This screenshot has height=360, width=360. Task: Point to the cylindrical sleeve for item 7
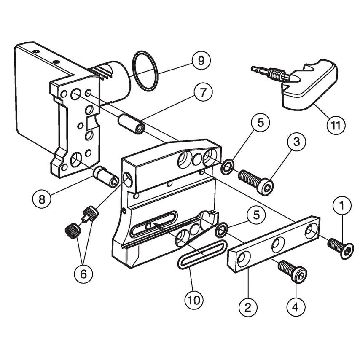[131, 123]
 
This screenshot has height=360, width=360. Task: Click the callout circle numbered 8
[42, 199]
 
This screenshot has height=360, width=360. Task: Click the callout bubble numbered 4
[296, 306]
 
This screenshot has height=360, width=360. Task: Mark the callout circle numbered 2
[247, 306]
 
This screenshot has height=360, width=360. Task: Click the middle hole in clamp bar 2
[277, 245]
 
